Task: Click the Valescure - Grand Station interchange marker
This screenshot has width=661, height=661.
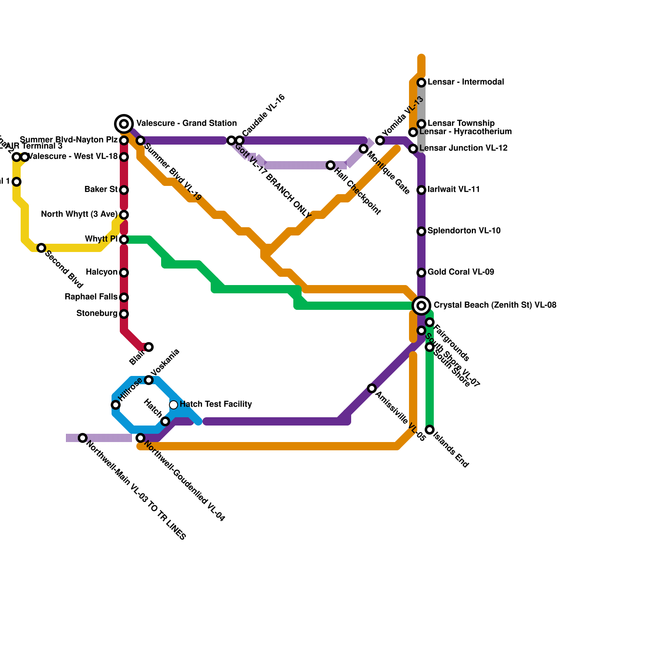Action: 124,124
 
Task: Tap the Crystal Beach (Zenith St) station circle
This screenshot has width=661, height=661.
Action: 421,305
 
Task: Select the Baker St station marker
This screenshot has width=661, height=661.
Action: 124,190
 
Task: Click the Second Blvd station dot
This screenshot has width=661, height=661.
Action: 41,248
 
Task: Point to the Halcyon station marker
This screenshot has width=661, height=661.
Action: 124,273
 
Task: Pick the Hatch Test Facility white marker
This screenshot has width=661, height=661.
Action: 174,404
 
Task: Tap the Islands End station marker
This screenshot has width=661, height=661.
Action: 430,430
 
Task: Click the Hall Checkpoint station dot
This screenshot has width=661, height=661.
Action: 330,165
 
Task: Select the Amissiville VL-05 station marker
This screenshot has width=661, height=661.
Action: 372,388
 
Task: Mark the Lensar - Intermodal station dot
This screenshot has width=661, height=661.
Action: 421,83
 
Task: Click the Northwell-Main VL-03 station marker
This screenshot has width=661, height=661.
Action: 83,438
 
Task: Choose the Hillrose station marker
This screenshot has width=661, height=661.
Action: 116,405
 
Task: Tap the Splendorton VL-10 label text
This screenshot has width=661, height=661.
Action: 464,231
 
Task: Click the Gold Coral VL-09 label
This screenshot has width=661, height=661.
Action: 461,272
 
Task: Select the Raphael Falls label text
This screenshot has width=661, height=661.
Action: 91,297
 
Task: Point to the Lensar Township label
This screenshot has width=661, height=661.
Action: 461,123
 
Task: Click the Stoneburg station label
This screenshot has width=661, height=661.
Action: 97,314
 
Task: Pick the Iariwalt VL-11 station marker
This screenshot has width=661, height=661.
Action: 421,190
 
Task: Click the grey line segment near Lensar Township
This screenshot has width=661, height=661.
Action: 421,103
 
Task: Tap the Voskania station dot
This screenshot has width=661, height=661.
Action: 149,380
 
